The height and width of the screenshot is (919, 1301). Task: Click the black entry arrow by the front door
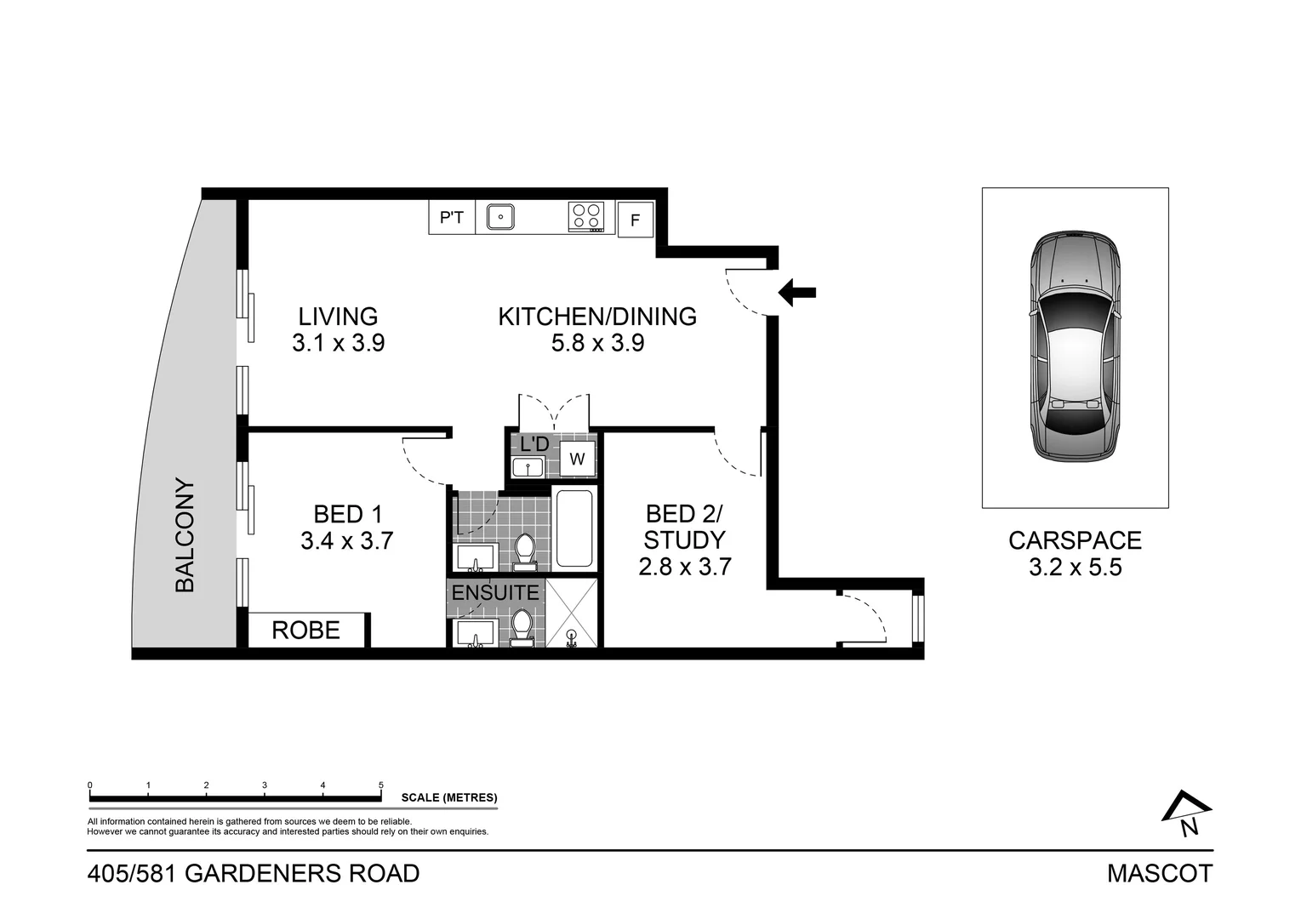click(797, 292)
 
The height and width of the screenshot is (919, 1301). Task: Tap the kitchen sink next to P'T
click(500, 217)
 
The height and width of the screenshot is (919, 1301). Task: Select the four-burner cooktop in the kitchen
click(586, 216)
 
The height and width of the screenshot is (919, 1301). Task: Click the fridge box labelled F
click(635, 220)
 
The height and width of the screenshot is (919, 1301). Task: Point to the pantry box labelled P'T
click(451, 218)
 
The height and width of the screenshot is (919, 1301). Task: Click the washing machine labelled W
click(577, 459)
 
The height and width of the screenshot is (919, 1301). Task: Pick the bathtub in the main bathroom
click(573, 528)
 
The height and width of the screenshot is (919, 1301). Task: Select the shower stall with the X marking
click(572, 613)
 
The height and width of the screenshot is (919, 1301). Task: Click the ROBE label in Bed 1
click(305, 631)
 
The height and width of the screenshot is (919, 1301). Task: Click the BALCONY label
click(185, 536)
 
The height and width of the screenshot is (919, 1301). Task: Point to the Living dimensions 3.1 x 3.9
click(338, 343)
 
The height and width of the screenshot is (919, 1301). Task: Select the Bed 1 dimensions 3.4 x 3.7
click(346, 541)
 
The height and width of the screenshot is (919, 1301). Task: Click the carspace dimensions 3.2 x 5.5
click(1075, 568)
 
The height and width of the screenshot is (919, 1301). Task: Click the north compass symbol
click(1186, 813)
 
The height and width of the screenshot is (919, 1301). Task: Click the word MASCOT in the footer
click(1159, 874)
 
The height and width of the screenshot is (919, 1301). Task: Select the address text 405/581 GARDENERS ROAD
click(254, 874)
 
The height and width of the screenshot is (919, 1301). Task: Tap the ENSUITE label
click(495, 592)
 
